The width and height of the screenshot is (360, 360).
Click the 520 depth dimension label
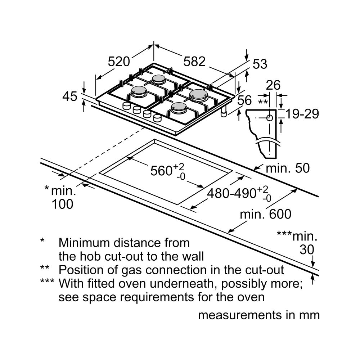point(119,62)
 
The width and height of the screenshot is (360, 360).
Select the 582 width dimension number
point(194,62)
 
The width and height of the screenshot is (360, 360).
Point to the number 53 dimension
point(260,64)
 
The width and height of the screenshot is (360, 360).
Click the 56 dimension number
point(245,101)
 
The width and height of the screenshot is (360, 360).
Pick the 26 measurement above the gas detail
point(273,85)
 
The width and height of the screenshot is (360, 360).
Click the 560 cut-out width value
point(161,171)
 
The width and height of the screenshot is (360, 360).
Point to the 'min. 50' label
point(287,168)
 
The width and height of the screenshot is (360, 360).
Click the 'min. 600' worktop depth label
point(266,214)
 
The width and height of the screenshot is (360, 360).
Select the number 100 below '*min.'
point(62,204)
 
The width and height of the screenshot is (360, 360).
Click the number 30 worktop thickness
point(307,249)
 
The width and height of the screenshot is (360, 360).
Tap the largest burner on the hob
point(199,94)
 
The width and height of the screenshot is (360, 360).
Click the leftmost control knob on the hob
point(127,106)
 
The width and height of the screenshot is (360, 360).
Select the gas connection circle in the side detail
point(270,117)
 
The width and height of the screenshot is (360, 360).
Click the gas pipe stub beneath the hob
point(224,112)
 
